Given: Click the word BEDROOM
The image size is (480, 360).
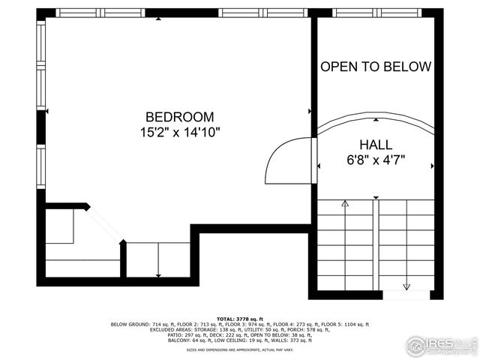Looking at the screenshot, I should (179, 117).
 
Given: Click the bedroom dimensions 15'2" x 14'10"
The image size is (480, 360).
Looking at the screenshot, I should (179, 132).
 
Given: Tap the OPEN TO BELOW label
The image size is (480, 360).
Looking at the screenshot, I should (376, 67).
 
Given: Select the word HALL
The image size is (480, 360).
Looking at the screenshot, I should (376, 144).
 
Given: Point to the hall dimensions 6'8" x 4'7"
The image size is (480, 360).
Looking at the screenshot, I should (376, 159).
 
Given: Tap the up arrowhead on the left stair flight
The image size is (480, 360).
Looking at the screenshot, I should (345, 203).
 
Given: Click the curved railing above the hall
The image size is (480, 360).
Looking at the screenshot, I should (376, 118).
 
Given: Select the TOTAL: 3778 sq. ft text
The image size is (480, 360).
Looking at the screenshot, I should (240, 318).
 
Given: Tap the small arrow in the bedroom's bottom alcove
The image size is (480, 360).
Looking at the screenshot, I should (157, 274).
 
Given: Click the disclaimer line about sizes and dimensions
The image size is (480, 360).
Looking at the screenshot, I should (240, 349).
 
